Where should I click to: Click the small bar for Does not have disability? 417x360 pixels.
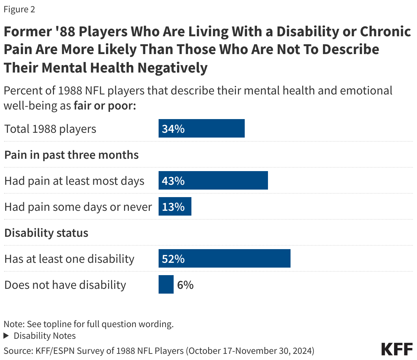pyautogui.click(x=166, y=285)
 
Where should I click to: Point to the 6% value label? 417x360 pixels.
pyautogui.click(x=185, y=285)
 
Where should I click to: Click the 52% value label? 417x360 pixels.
pyautogui.click(x=173, y=259)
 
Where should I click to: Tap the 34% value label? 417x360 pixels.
pyautogui.click(x=173, y=129)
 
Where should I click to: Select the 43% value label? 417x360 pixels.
pyautogui.click(x=173, y=181)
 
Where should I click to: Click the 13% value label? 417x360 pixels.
pyautogui.click(x=173, y=207)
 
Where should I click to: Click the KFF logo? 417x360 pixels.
pyautogui.click(x=397, y=349)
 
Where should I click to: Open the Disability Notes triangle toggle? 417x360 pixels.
pyautogui.click(x=6, y=336)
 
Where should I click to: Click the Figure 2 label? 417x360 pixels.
pyautogui.click(x=19, y=9)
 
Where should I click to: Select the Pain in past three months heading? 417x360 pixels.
pyautogui.click(x=71, y=155)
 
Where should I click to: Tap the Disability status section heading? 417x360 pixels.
pyautogui.click(x=46, y=233)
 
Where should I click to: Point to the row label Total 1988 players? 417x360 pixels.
pyautogui.click(x=50, y=129)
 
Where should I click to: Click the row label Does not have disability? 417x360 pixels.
pyautogui.click(x=65, y=285)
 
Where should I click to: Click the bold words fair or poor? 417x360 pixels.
pyautogui.click(x=105, y=105)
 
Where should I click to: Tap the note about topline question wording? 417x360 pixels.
pyautogui.click(x=89, y=324)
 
